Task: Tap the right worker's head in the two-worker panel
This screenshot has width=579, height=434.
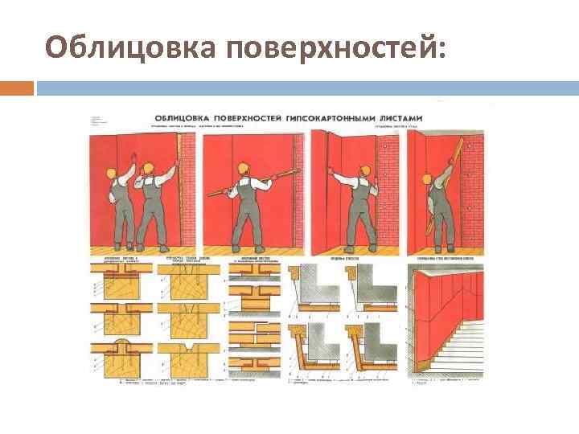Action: click(147, 168)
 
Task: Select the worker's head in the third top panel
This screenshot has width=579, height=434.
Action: click(364, 170)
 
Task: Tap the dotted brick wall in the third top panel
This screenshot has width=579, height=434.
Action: click(389, 193)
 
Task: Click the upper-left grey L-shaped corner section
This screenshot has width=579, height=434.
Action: click(318, 285)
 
